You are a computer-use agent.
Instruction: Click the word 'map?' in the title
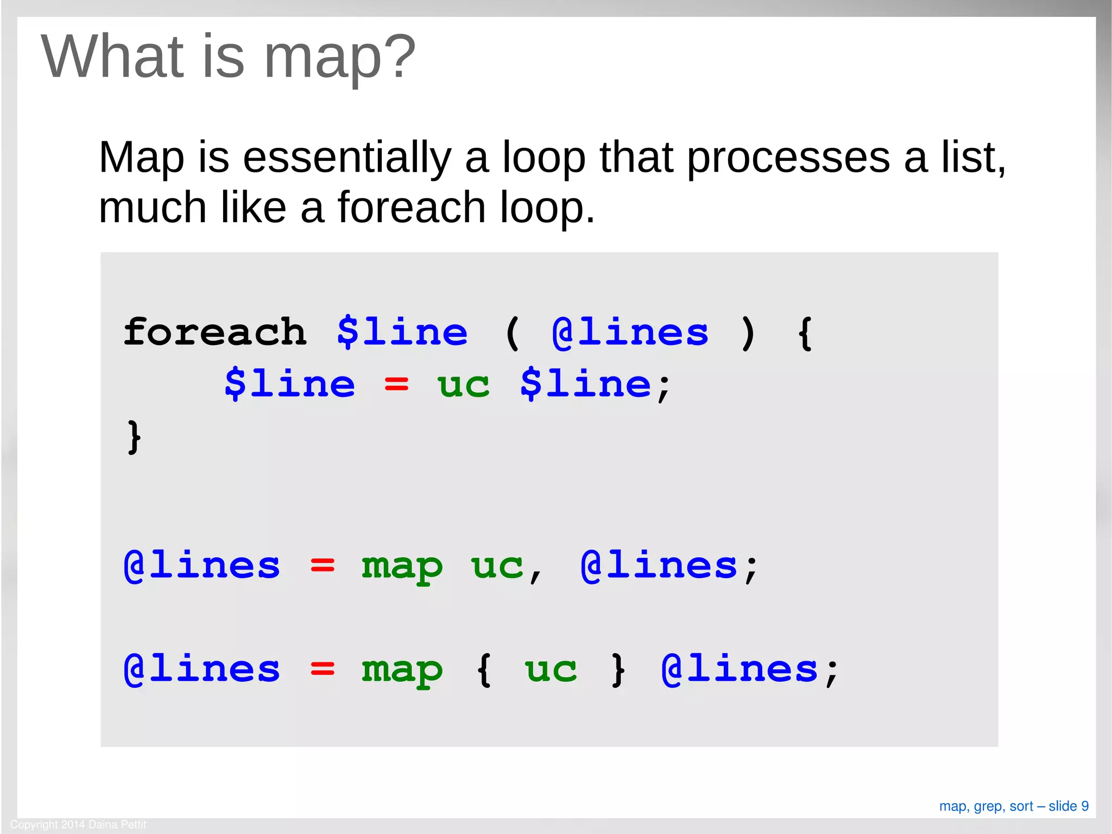pyautogui.click(x=340, y=58)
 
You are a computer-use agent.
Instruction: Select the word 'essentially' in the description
pyautogui.click(x=347, y=158)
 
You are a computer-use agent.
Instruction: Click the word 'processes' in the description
pyautogui.click(x=788, y=158)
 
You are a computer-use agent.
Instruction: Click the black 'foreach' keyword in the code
pyautogui.click(x=215, y=332)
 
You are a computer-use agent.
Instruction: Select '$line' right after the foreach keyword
pyautogui.click(x=402, y=332)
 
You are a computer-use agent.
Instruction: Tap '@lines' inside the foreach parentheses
pyautogui.click(x=630, y=332)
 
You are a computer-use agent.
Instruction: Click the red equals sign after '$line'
pyautogui.click(x=396, y=384)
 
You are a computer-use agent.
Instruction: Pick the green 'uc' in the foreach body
pyautogui.click(x=463, y=384)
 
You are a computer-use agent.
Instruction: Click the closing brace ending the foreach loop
pyautogui.click(x=134, y=436)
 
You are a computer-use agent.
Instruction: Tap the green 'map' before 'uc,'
pyautogui.click(x=402, y=566)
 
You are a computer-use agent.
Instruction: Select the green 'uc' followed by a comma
pyautogui.click(x=497, y=566)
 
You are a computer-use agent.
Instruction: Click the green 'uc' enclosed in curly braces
pyautogui.click(x=551, y=669)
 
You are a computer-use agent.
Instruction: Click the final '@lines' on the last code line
pyautogui.click(x=740, y=669)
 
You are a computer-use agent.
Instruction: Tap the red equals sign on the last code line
pyautogui.click(x=323, y=669)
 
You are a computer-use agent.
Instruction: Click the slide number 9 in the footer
pyautogui.click(x=1085, y=806)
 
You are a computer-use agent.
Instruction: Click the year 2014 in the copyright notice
pyautogui.click(x=73, y=824)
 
